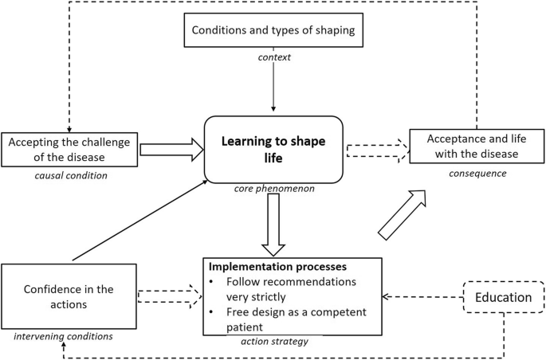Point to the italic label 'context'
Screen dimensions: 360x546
273,57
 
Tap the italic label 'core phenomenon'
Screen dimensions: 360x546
273,190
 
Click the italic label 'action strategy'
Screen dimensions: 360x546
273,341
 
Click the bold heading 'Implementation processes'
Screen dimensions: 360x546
273,267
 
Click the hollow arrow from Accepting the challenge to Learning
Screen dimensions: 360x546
171,149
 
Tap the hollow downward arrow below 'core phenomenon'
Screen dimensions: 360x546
273,224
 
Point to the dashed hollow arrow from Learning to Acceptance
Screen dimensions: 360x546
375,148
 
